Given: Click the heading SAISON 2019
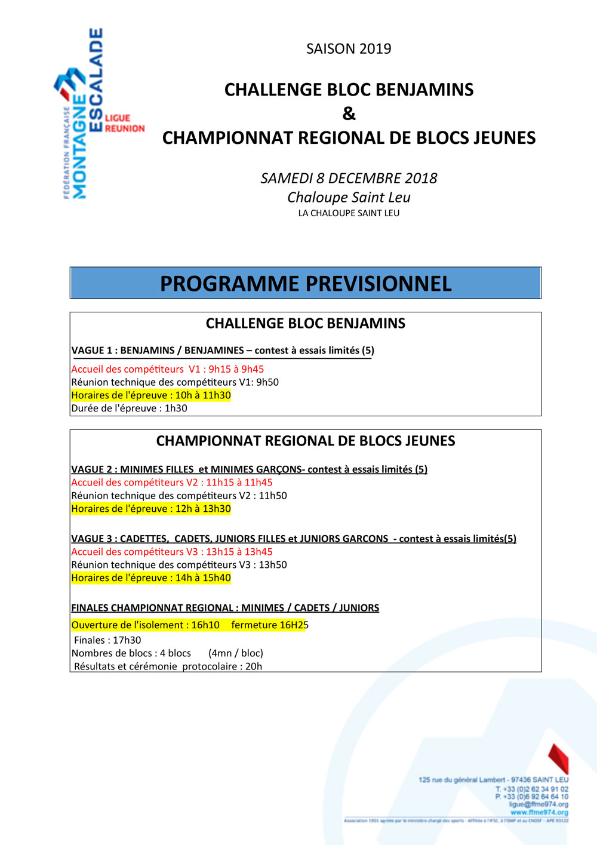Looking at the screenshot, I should pyautogui.click(x=349, y=49).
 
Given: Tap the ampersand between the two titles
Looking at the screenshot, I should pyautogui.click(x=349, y=113).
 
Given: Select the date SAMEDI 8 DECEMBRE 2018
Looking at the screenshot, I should pyautogui.click(x=349, y=178).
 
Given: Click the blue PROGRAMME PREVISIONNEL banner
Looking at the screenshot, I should pyautogui.click(x=306, y=283).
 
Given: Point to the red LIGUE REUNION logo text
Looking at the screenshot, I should pyautogui.click(x=125, y=123).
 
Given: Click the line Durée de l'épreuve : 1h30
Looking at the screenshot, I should pyautogui.click(x=129, y=408).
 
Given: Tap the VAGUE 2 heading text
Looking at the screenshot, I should pyautogui.click(x=249, y=469).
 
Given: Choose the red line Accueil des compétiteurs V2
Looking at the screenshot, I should pyautogui.click(x=171, y=483).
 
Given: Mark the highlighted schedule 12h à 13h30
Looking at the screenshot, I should pyautogui.click(x=203, y=509).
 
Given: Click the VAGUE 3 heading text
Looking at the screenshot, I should pyautogui.click(x=294, y=539).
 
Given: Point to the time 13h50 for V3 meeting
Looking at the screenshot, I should pyautogui.click(x=273, y=565).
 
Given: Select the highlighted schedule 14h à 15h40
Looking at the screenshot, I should pyautogui.click(x=203, y=578).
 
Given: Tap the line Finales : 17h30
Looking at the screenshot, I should pyautogui.click(x=107, y=640).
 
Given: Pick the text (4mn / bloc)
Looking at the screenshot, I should pyautogui.click(x=236, y=653).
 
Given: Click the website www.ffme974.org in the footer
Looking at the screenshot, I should pyautogui.click(x=539, y=812).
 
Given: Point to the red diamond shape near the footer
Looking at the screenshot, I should pyautogui.click(x=559, y=758).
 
